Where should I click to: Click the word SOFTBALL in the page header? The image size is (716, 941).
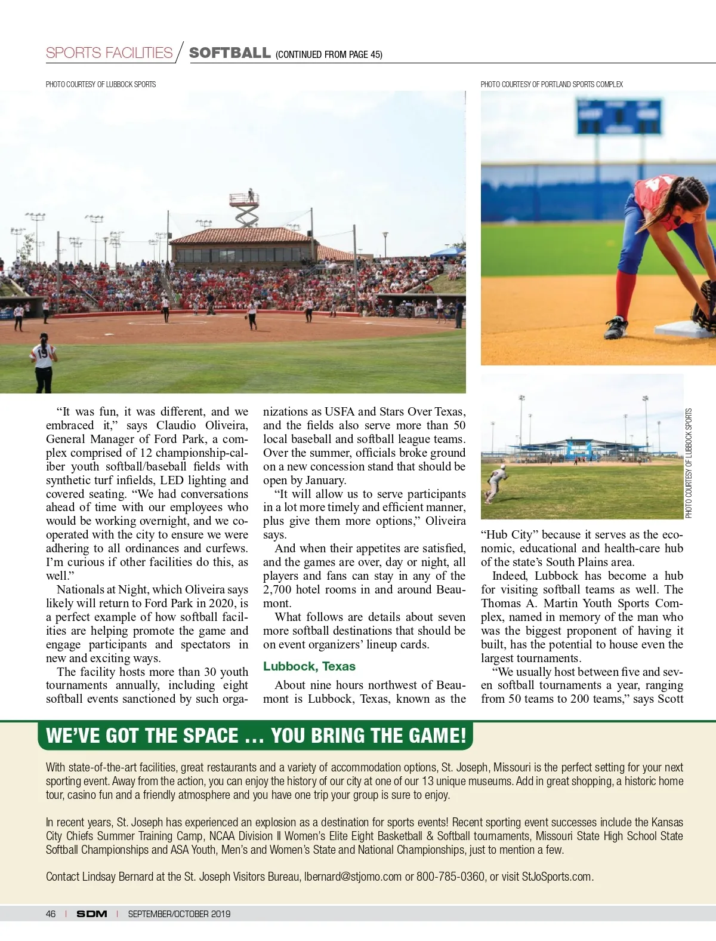point(230,53)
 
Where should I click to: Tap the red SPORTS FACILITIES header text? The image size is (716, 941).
point(109,53)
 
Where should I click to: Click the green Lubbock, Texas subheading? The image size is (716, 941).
point(309,666)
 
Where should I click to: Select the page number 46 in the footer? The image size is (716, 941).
point(51,914)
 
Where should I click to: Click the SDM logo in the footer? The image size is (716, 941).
point(92,914)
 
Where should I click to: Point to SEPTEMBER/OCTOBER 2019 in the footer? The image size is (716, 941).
point(179,914)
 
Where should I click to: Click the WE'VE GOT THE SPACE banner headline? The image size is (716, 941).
point(255,736)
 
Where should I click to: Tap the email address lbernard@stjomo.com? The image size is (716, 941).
point(353,877)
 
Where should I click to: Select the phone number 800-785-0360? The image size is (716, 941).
point(450,877)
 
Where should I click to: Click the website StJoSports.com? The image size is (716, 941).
point(557,877)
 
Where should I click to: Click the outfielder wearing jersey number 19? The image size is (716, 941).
point(44,362)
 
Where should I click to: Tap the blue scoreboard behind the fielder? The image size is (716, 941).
point(618,116)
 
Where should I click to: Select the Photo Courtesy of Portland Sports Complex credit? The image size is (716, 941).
point(551,84)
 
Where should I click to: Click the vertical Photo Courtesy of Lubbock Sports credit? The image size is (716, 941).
point(689,463)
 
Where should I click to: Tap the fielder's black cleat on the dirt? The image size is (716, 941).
point(616,328)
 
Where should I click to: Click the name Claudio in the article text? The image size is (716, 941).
point(177,425)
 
